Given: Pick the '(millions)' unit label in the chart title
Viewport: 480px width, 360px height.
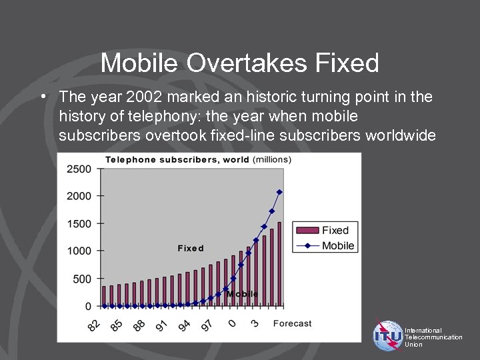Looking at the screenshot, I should [272, 159].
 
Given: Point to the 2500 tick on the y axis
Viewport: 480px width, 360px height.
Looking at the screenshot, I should [79, 169].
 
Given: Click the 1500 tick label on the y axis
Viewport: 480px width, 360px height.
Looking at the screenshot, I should [79, 224].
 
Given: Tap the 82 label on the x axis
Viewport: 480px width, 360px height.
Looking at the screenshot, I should [95, 325].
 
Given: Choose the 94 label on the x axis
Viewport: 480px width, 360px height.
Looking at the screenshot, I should [185, 325].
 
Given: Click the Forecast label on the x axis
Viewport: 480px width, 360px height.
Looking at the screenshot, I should [292, 323].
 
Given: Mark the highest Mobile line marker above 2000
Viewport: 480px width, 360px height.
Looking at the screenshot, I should [279, 192].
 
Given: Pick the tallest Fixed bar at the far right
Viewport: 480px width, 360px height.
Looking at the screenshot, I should [279, 264].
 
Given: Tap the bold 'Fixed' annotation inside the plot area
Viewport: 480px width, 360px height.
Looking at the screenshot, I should [191, 248].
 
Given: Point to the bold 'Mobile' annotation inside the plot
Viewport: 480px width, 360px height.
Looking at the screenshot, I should [242, 294].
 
